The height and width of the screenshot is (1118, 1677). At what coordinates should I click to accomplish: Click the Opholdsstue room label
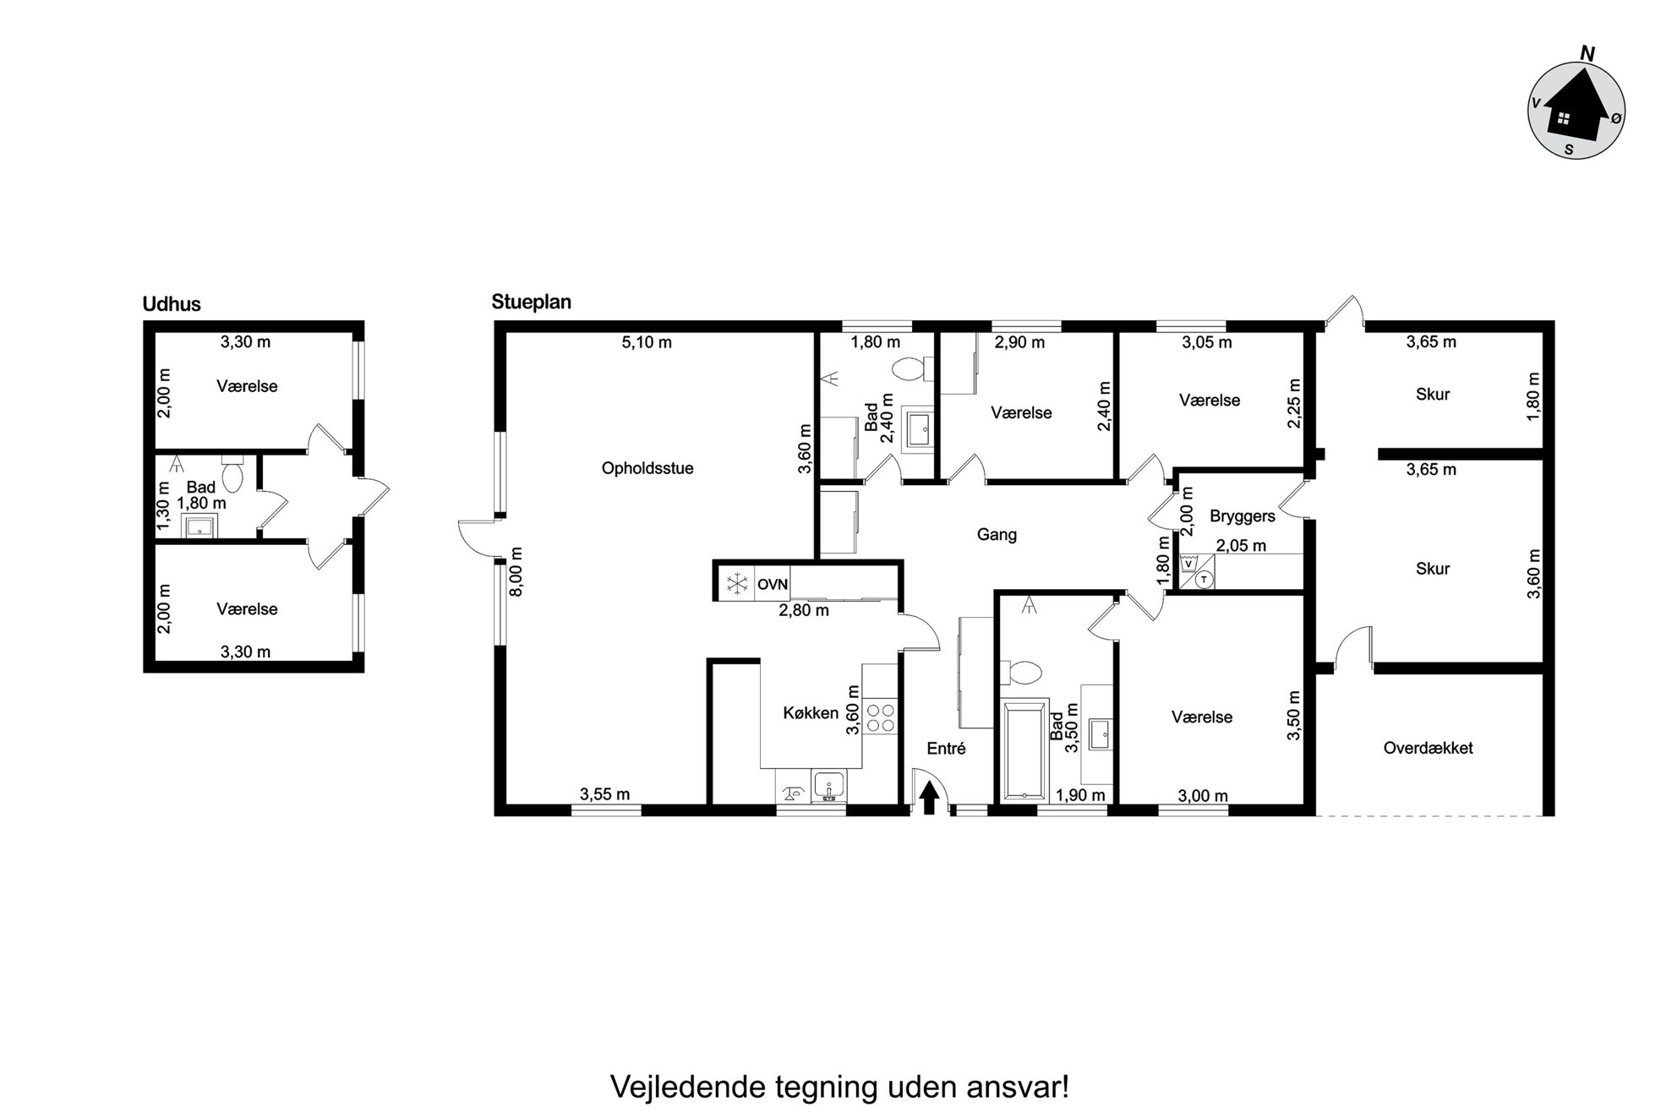pos(647,468)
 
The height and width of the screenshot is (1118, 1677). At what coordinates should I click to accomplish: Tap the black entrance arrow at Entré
pos(929,798)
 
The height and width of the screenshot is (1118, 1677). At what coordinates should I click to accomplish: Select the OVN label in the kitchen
pos(773,584)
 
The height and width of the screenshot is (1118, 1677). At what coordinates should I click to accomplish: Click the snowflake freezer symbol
pos(737,584)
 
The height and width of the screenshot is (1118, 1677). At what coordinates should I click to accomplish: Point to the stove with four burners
pos(881,717)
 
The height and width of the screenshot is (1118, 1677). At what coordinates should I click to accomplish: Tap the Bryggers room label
pos(1242,516)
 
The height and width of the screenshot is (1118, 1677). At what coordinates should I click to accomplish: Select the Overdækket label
pos(1428,748)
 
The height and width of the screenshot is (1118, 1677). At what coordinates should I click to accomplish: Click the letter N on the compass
pos(1587,53)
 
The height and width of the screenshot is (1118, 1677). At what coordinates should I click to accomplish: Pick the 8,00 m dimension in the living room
pos(517,571)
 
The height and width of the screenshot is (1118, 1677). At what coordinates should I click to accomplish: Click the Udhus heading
pos(172,304)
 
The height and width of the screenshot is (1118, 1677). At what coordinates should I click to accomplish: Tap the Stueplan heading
pos(532,302)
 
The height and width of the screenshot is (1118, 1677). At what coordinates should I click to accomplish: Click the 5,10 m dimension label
pos(647,342)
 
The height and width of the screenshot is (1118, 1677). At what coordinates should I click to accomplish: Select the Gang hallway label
pos(997,534)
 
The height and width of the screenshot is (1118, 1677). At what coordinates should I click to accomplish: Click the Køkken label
pos(811,712)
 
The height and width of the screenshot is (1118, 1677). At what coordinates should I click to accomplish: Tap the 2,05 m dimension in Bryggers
pos(1241,546)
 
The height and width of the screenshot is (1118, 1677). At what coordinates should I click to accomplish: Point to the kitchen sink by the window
pos(828,786)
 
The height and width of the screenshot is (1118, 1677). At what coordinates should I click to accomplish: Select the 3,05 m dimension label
pos(1206,342)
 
